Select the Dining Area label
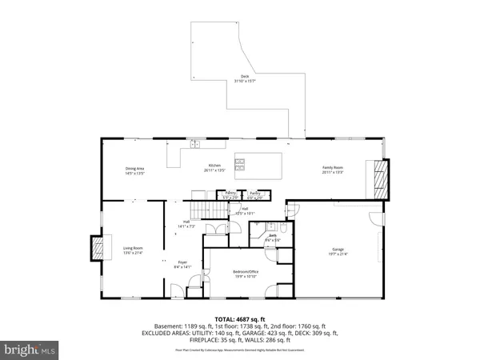coord(134,168)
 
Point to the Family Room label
coord(332,168)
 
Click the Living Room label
coord(133,249)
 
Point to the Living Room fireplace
coord(97,249)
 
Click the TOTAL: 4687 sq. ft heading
coord(240,318)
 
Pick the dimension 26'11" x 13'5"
coord(214,171)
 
